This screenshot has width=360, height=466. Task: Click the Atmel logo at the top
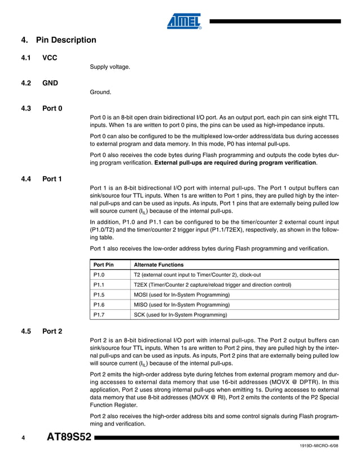pyautogui.click(x=184, y=21)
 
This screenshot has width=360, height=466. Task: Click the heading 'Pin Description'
pyautogui.click(x=65, y=40)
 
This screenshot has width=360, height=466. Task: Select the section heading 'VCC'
pyautogui.click(x=50, y=58)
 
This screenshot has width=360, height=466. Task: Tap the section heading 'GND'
pyautogui.click(x=51, y=83)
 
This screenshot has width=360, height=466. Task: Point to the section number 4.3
pyautogui.click(x=26, y=108)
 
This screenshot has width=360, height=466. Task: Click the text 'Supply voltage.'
pyautogui.click(x=110, y=67)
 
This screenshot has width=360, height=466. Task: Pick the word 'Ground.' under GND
pyautogui.click(x=100, y=92)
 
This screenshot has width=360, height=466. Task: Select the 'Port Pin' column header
pyautogui.click(x=103, y=265)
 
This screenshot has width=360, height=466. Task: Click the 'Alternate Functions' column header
pyautogui.click(x=159, y=265)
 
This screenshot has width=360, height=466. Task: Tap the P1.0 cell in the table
pyautogui.click(x=99, y=275)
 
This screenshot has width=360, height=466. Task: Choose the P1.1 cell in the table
pyautogui.click(x=99, y=285)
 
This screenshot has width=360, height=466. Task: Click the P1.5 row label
pyautogui.click(x=99, y=294)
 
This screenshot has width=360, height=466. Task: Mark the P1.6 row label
pyautogui.click(x=99, y=305)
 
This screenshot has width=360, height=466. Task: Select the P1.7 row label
pyautogui.click(x=99, y=315)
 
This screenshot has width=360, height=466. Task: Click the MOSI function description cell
pyautogui.click(x=181, y=294)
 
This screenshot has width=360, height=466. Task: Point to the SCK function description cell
pyautogui.click(x=180, y=315)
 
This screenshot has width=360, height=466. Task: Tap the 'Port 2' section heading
pyautogui.click(x=52, y=331)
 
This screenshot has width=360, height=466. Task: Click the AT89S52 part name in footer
pyautogui.click(x=68, y=438)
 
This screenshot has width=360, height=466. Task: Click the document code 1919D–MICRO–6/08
pyautogui.click(x=319, y=447)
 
